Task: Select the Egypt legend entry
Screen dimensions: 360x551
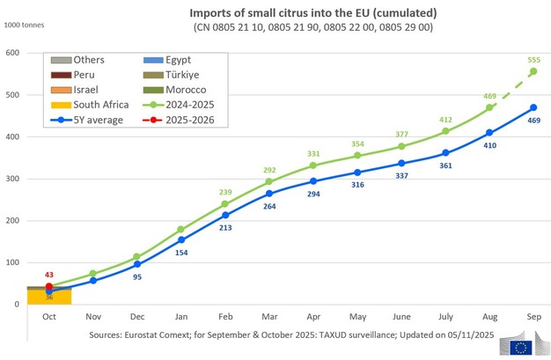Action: tap(172, 60)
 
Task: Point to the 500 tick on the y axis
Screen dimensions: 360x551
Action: tap(13, 94)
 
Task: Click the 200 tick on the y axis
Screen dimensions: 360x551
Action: tap(13, 220)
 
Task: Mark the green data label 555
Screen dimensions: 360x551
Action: tap(533, 57)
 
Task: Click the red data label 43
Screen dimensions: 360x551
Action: tap(49, 276)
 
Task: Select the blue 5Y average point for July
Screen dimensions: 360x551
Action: tap(445, 152)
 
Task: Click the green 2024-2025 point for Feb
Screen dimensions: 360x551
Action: tap(224, 204)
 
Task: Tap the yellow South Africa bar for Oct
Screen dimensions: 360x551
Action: tap(48, 298)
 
